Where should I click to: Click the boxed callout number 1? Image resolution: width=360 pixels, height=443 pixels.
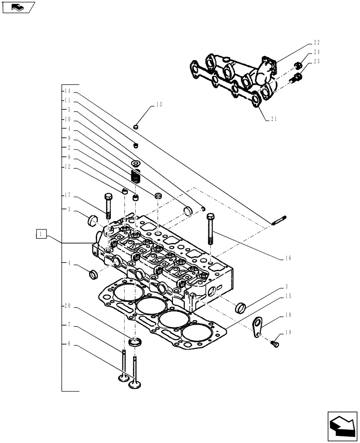click(40, 233)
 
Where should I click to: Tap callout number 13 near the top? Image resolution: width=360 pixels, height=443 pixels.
click(159, 105)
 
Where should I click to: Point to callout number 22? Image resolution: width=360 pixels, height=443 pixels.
click(317, 43)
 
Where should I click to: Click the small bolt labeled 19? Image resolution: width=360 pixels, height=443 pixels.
click(275, 344)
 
